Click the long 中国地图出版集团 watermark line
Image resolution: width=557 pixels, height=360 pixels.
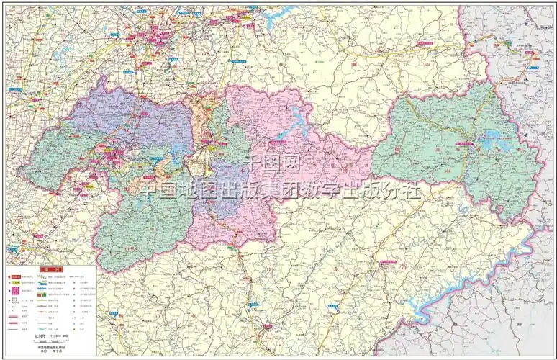280,189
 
